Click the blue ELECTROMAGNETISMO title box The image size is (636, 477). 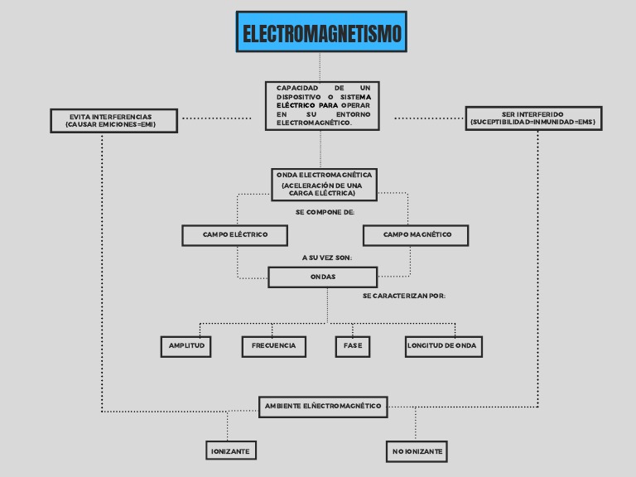(x=321, y=32)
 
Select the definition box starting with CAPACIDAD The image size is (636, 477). (x=323, y=105)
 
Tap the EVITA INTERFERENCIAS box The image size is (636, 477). (x=113, y=121)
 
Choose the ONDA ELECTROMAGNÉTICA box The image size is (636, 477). (x=324, y=184)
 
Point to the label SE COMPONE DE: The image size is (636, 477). (x=325, y=213)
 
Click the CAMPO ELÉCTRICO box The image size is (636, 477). (x=235, y=235)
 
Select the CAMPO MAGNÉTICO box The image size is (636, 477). (x=416, y=235)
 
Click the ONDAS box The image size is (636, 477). (x=323, y=277)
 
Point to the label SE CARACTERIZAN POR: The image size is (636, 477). (x=404, y=296)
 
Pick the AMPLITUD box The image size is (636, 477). (x=185, y=346)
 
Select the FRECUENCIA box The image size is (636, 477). (x=273, y=346)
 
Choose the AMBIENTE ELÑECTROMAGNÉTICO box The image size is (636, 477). (x=322, y=406)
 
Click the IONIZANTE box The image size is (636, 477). (x=230, y=450)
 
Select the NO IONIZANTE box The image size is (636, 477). (x=417, y=451)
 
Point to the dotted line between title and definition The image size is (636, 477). (x=320, y=66)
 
